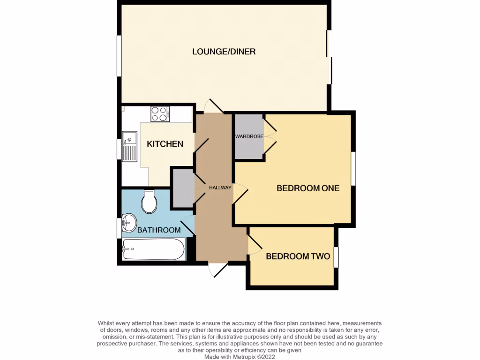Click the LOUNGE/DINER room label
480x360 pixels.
(224, 52)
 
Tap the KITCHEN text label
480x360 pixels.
(165, 144)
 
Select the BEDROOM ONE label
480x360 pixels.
(307, 188)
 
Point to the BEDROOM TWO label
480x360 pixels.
(298, 256)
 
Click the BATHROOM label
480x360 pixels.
(159, 230)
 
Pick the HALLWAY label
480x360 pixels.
(220, 188)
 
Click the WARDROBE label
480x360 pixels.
(249, 136)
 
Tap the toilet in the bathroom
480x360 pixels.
(149, 202)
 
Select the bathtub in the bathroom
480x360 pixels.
(153, 249)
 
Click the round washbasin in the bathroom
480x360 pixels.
(129, 222)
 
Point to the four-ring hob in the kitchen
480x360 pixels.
(160, 114)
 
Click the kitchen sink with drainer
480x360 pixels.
(129, 146)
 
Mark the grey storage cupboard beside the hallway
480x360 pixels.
(182, 187)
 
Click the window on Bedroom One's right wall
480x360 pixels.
(354, 168)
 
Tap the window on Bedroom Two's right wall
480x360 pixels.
(336, 257)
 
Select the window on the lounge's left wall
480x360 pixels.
(119, 55)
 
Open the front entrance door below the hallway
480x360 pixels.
(217, 270)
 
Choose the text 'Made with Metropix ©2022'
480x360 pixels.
(240, 357)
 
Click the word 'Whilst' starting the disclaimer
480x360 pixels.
(106, 323)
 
